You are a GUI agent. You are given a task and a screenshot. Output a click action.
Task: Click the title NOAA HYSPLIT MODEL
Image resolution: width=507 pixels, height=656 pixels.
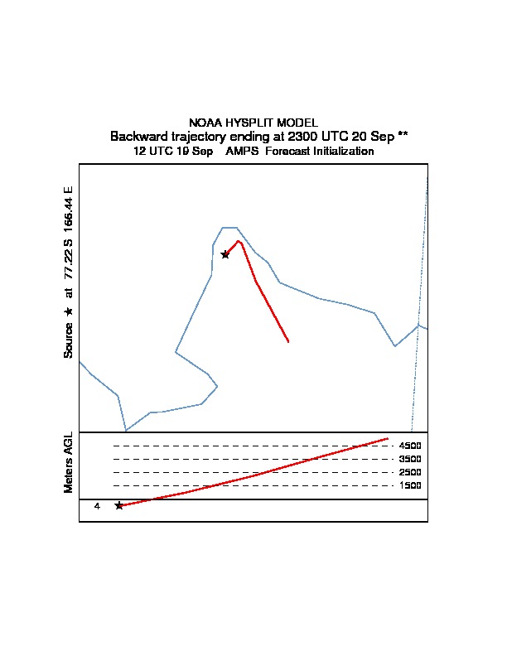pyautogui.click(x=254, y=123)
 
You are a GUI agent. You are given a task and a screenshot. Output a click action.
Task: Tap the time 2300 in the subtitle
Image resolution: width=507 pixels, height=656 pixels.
pyautogui.click(x=303, y=137)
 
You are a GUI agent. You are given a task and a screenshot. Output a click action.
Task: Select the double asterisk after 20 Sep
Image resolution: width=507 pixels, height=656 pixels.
pyautogui.click(x=403, y=134)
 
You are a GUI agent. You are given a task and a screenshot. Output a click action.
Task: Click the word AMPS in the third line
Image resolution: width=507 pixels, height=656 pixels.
pyautogui.click(x=242, y=151)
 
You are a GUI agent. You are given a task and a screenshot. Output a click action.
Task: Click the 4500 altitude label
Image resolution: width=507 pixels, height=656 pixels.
pyautogui.click(x=410, y=446)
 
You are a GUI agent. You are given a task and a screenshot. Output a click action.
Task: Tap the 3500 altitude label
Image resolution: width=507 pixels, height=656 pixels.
pyautogui.click(x=410, y=459)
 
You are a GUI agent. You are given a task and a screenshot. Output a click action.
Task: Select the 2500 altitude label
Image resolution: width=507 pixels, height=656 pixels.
pyautogui.click(x=410, y=472)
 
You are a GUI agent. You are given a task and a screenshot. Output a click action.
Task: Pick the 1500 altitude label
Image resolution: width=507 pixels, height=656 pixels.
pyautogui.click(x=410, y=485)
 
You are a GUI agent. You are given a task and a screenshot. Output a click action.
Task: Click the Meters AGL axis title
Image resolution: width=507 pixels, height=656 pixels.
pyautogui.click(x=68, y=462)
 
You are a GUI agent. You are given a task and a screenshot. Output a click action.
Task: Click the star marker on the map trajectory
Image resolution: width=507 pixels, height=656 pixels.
pyautogui.click(x=225, y=254)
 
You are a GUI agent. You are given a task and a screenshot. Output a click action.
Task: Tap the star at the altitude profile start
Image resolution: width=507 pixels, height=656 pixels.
pyautogui.click(x=119, y=506)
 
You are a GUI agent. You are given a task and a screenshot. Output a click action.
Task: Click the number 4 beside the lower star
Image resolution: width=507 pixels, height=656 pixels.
pyautogui.click(x=97, y=506)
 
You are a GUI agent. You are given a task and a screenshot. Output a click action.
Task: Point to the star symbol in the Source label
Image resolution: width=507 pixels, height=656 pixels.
pyautogui.click(x=68, y=311)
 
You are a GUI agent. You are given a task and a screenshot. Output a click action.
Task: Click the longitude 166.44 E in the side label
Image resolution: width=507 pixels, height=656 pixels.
pyautogui.click(x=68, y=210)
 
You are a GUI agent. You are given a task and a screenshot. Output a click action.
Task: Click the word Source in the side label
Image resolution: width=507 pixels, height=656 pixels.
pyautogui.click(x=68, y=340)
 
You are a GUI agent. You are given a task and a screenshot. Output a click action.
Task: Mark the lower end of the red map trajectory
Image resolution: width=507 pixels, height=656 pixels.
pyautogui.click(x=288, y=341)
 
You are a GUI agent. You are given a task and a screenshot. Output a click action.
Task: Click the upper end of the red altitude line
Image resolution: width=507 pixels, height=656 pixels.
pyautogui.click(x=388, y=438)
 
